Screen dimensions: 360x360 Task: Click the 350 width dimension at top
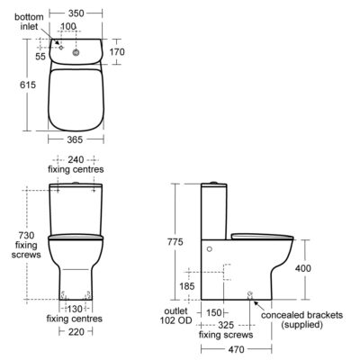point(76,13)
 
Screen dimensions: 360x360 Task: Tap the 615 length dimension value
point(28,85)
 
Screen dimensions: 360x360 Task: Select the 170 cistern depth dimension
point(117,52)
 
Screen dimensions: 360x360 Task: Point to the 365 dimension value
point(75,139)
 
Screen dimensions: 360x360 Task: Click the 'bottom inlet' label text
point(29,22)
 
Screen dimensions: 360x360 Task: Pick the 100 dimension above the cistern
point(68,26)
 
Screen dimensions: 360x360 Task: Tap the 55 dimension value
point(40,57)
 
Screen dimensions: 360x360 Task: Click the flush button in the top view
point(76,53)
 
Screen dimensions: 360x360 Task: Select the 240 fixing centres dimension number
point(76,159)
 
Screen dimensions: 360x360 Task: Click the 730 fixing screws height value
point(26,235)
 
